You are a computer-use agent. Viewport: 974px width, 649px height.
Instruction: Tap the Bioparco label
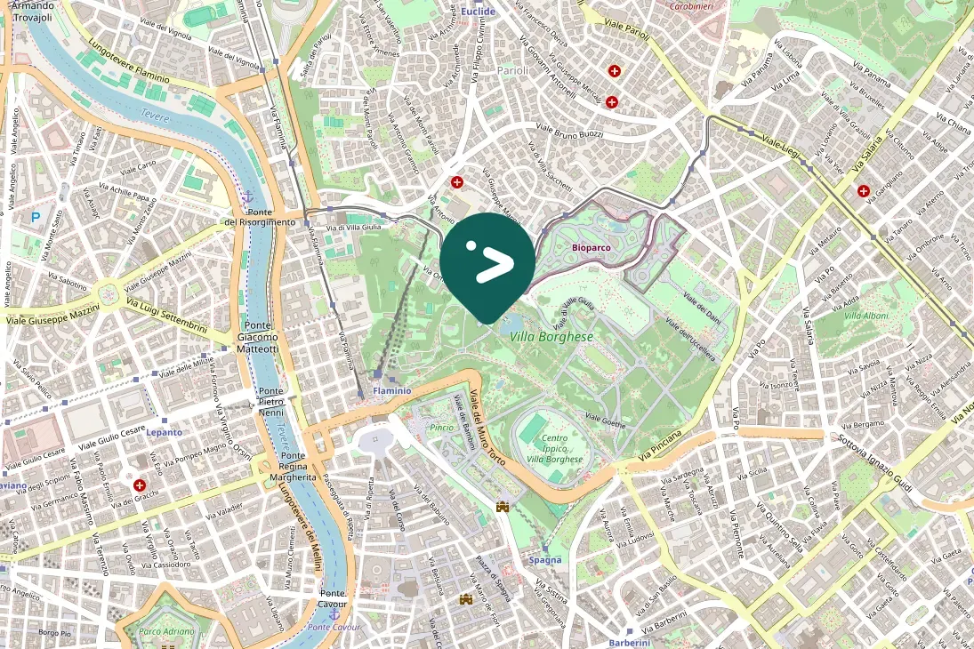click(x=592, y=247)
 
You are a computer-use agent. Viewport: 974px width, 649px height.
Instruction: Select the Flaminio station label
click(x=392, y=390)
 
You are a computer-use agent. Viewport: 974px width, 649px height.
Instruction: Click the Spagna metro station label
click(x=545, y=560)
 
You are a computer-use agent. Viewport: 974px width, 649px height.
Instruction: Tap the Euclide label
click(x=479, y=12)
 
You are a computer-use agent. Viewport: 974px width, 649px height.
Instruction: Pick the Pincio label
click(x=442, y=428)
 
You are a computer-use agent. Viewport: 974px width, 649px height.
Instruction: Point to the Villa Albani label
click(x=865, y=316)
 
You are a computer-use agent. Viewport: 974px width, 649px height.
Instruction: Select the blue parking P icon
click(x=36, y=216)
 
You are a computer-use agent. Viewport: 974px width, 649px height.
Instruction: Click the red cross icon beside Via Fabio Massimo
click(x=140, y=485)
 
